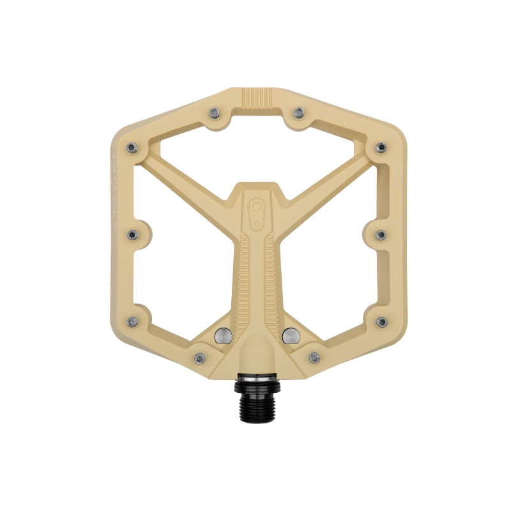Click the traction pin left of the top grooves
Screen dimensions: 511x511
[x=215, y=113]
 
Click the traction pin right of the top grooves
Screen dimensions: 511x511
[x=298, y=113]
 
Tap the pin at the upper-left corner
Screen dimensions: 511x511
[x=132, y=148]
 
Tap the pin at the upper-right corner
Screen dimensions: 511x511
[x=381, y=148]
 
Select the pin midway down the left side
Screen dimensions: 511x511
[x=133, y=234]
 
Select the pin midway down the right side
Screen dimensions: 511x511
[x=379, y=234]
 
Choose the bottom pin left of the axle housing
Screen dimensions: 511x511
[x=199, y=357]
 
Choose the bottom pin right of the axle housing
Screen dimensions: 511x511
[x=314, y=357]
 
